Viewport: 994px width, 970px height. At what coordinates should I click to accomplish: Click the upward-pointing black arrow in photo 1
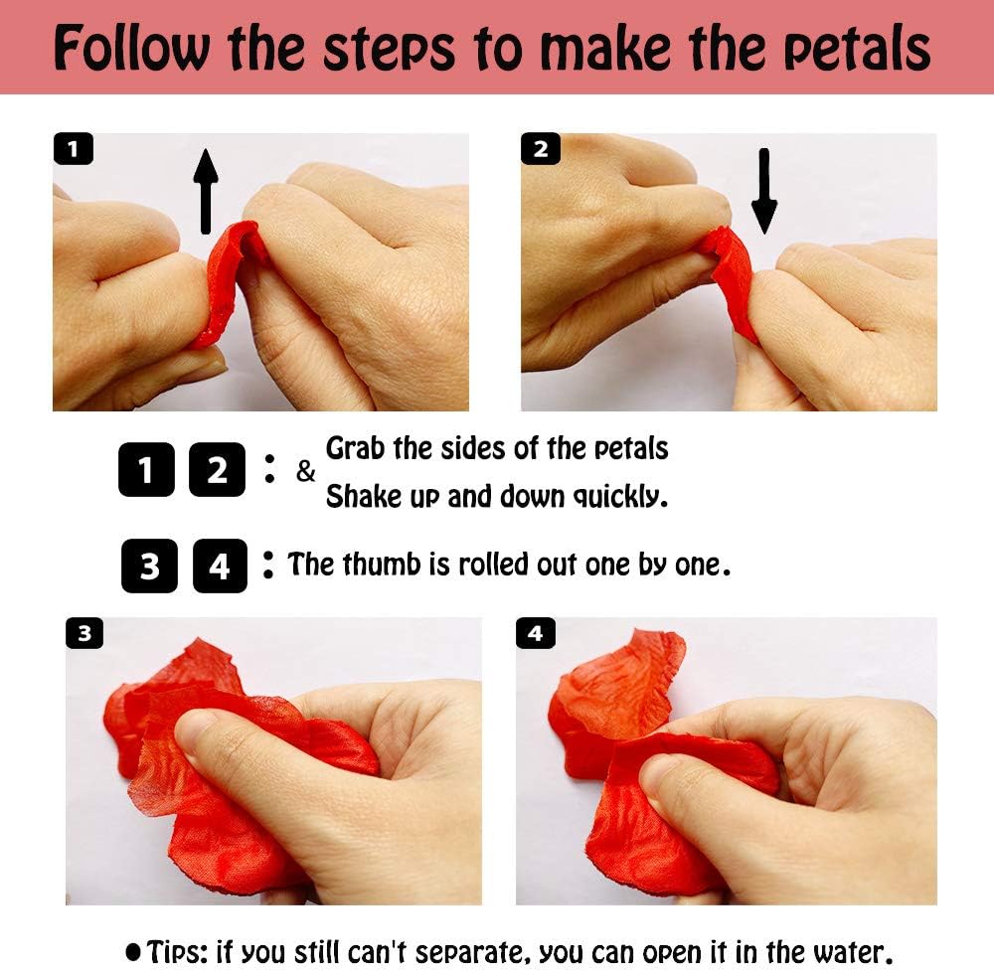(x=206, y=192)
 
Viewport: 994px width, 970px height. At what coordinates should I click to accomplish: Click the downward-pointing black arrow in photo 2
(x=763, y=191)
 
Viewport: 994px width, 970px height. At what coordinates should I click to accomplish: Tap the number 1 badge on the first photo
(x=74, y=149)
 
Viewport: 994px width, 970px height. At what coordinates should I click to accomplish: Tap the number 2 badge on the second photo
(x=540, y=149)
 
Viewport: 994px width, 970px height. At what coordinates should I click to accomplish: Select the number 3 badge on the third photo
(x=84, y=633)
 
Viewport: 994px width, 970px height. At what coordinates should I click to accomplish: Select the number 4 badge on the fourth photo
(x=536, y=633)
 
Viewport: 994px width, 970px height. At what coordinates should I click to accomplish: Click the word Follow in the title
(x=131, y=48)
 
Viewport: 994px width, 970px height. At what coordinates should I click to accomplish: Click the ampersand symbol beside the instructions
(x=305, y=471)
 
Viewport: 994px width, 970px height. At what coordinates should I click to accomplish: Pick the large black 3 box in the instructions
(x=150, y=566)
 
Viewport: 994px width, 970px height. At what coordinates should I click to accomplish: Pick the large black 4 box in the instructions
(x=220, y=566)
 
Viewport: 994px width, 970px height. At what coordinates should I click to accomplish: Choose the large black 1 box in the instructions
(x=146, y=469)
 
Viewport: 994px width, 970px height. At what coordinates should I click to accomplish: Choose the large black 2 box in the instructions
(x=217, y=469)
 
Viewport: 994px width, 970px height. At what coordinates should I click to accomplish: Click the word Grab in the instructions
(x=355, y=448)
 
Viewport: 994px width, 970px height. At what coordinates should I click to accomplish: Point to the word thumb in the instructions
(x=382, y=564)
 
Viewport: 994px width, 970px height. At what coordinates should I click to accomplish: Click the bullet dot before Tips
(x=133, y=952)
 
